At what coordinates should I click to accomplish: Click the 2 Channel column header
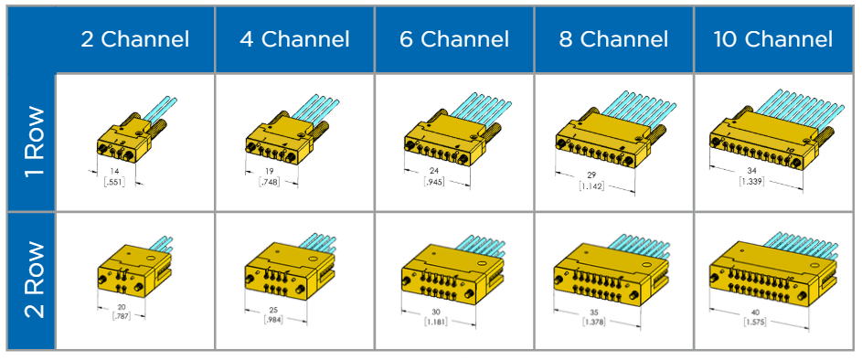pyautogui.click(x=134, y=39)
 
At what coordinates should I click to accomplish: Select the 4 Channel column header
pyautogui.click(x=294, y=39)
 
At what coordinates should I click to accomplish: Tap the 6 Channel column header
pyautogui.click(x=454, y=39)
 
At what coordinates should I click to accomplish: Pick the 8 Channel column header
pyautogui.click(x=613, y=39)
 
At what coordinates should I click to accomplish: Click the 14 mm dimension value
pyautogui.click(x=114, y=171)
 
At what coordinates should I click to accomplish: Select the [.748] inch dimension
pyautogui.click(x=271, y=181)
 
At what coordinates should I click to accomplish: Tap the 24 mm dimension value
pyautogui.click(x=433, y=171)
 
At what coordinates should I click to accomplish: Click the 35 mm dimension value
pyautogui.click(x=597, y=313)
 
